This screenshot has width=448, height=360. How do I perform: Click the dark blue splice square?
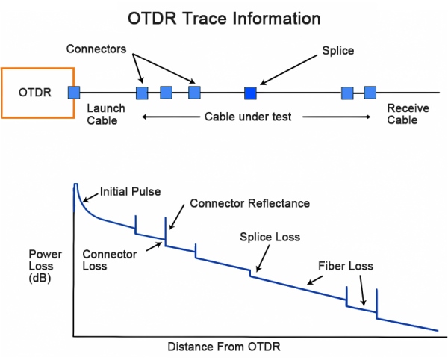pos(250,93)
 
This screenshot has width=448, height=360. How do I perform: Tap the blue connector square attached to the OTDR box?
pos(74,93)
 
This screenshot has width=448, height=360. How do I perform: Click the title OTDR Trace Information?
pos(224,19)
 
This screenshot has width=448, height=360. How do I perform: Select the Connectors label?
pos(96,49)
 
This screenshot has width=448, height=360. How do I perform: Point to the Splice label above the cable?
pos(338,51)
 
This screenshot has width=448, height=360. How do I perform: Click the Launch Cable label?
pos(106,114)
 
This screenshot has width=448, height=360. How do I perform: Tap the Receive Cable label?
pos(408,114)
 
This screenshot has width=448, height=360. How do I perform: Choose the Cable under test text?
pos(248,117)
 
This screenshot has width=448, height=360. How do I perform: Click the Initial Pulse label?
pos(130,191)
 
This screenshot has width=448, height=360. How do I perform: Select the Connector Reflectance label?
pos(250,203)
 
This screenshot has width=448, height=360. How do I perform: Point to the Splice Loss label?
pos(270,237)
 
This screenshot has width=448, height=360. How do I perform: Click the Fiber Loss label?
pos(346,266)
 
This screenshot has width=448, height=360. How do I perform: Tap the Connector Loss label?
pos(110,260)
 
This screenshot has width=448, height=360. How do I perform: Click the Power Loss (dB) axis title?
pos(45,266)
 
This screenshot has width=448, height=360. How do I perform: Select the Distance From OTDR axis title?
pos(224,347)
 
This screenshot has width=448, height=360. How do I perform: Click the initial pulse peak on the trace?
pos(75,184)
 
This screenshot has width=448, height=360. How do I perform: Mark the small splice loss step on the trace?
pos(250,273)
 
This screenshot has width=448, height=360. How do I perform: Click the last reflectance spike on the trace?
pos(376,303)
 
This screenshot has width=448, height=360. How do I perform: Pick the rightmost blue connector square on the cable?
pos(370,93)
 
